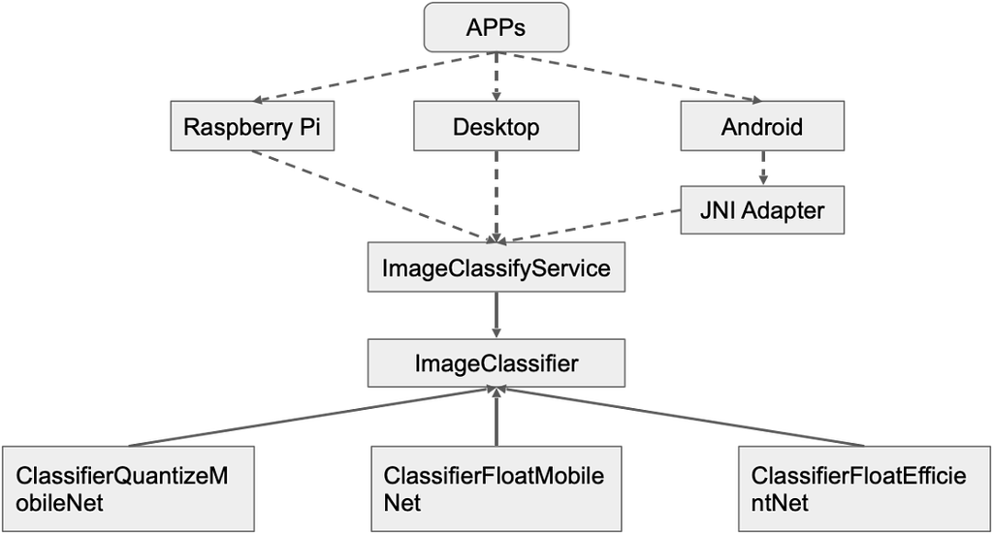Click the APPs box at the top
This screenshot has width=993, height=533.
(496, 27)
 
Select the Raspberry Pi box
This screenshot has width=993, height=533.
(252, 127)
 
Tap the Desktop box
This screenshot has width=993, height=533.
(496, 127)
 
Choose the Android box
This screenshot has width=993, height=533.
(761, 127)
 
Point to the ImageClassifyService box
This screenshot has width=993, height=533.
(496, 267)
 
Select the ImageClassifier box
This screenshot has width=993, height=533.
(496, 363)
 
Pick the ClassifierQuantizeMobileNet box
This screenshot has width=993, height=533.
(128, 489)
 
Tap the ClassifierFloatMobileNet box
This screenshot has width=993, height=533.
(496, 489)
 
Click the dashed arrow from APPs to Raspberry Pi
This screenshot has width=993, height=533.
(373, 77)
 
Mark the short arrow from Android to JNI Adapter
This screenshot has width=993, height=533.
(761, 169)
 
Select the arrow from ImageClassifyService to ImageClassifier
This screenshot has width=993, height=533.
(496, 316)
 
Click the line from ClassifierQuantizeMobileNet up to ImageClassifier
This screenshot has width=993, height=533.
(310, 418)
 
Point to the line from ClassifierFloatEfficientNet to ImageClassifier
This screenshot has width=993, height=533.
(679, 418)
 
